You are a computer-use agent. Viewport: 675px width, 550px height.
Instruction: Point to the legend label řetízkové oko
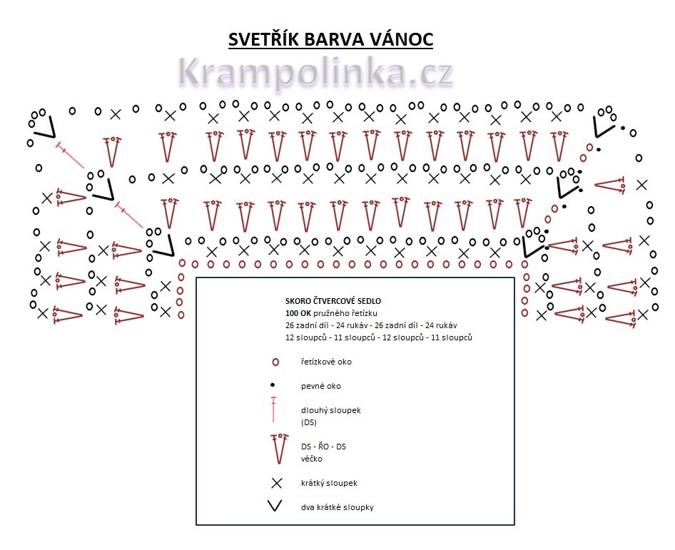pos(326,362)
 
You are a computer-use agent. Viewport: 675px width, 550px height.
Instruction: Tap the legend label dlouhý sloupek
pos(332,410)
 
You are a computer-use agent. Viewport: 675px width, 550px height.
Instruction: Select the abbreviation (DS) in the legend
pos(308,422)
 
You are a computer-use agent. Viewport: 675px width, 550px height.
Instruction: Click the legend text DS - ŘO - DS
pos(323,447)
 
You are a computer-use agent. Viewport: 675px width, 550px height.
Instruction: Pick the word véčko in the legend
pos(311,459)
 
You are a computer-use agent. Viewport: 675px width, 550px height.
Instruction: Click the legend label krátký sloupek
pos(329,483)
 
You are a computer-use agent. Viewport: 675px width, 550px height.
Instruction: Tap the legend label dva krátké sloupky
pos(337,507)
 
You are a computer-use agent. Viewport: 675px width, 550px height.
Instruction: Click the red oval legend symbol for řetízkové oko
pos(275,362)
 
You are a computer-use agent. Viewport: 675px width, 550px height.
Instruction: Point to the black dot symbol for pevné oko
pos(273,385)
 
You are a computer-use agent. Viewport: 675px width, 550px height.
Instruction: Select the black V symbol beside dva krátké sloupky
pos(275,507)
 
